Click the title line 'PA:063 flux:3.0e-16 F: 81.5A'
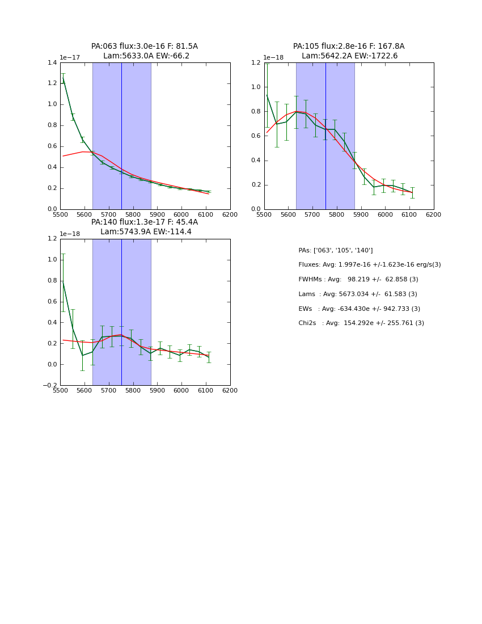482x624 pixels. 145,47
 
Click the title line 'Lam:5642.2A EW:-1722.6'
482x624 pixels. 349,56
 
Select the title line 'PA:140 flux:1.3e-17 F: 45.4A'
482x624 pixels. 145,222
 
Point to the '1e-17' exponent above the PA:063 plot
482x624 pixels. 70,58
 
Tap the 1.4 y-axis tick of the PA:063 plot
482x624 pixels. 52,62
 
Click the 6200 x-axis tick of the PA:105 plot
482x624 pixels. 434,215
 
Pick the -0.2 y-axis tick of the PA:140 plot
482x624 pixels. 50,386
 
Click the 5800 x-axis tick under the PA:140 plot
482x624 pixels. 133,391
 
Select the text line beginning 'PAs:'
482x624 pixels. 335,250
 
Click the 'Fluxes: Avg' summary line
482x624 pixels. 369,265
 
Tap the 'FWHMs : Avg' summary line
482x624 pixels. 358,280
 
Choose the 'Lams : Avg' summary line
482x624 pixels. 357,294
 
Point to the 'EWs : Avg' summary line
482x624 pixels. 359,309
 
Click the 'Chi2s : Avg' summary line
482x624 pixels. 361,323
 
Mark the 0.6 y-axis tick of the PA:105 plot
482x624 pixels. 256,136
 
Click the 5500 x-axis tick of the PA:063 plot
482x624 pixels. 60,215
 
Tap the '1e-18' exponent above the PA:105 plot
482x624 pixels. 273,58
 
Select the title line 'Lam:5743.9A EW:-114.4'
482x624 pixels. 146,232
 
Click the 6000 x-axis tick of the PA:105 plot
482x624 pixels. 385,215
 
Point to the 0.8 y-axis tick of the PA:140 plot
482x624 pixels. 52,280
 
